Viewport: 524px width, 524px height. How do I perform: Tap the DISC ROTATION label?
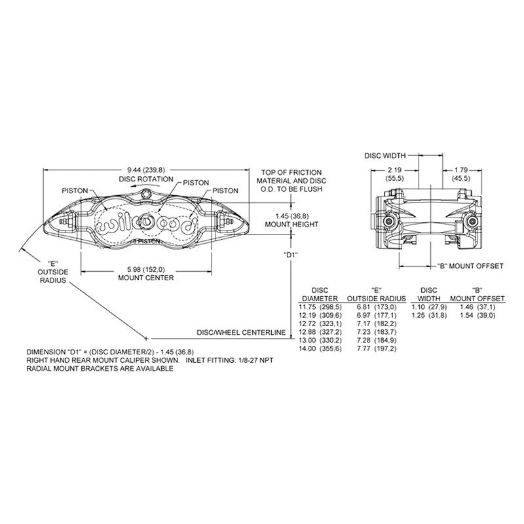[x=146, y=179]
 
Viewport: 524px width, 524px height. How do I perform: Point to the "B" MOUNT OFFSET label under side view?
[x=470, y=266]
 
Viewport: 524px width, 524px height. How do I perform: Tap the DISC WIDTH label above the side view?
[x=385, y=155]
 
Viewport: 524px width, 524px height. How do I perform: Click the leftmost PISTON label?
[x=75, y=190]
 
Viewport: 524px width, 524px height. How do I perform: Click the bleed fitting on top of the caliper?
[x=150, y=193]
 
